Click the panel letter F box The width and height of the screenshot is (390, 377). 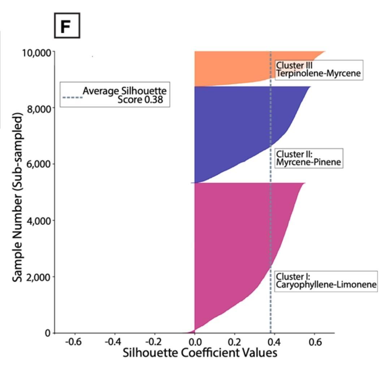point(67,26)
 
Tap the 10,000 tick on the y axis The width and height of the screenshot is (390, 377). point(36,53)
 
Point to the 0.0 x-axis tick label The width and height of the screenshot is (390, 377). point(195,341)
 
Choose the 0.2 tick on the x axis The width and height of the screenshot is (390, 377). point(234,341)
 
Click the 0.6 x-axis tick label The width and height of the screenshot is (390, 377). point(314,341)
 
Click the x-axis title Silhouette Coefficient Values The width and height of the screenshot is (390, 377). point(200,352)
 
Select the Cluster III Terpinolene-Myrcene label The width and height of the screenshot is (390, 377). point(318,70)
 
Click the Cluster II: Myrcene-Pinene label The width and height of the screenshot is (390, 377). point(308,158)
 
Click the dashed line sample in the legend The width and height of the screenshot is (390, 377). point(72,97)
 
